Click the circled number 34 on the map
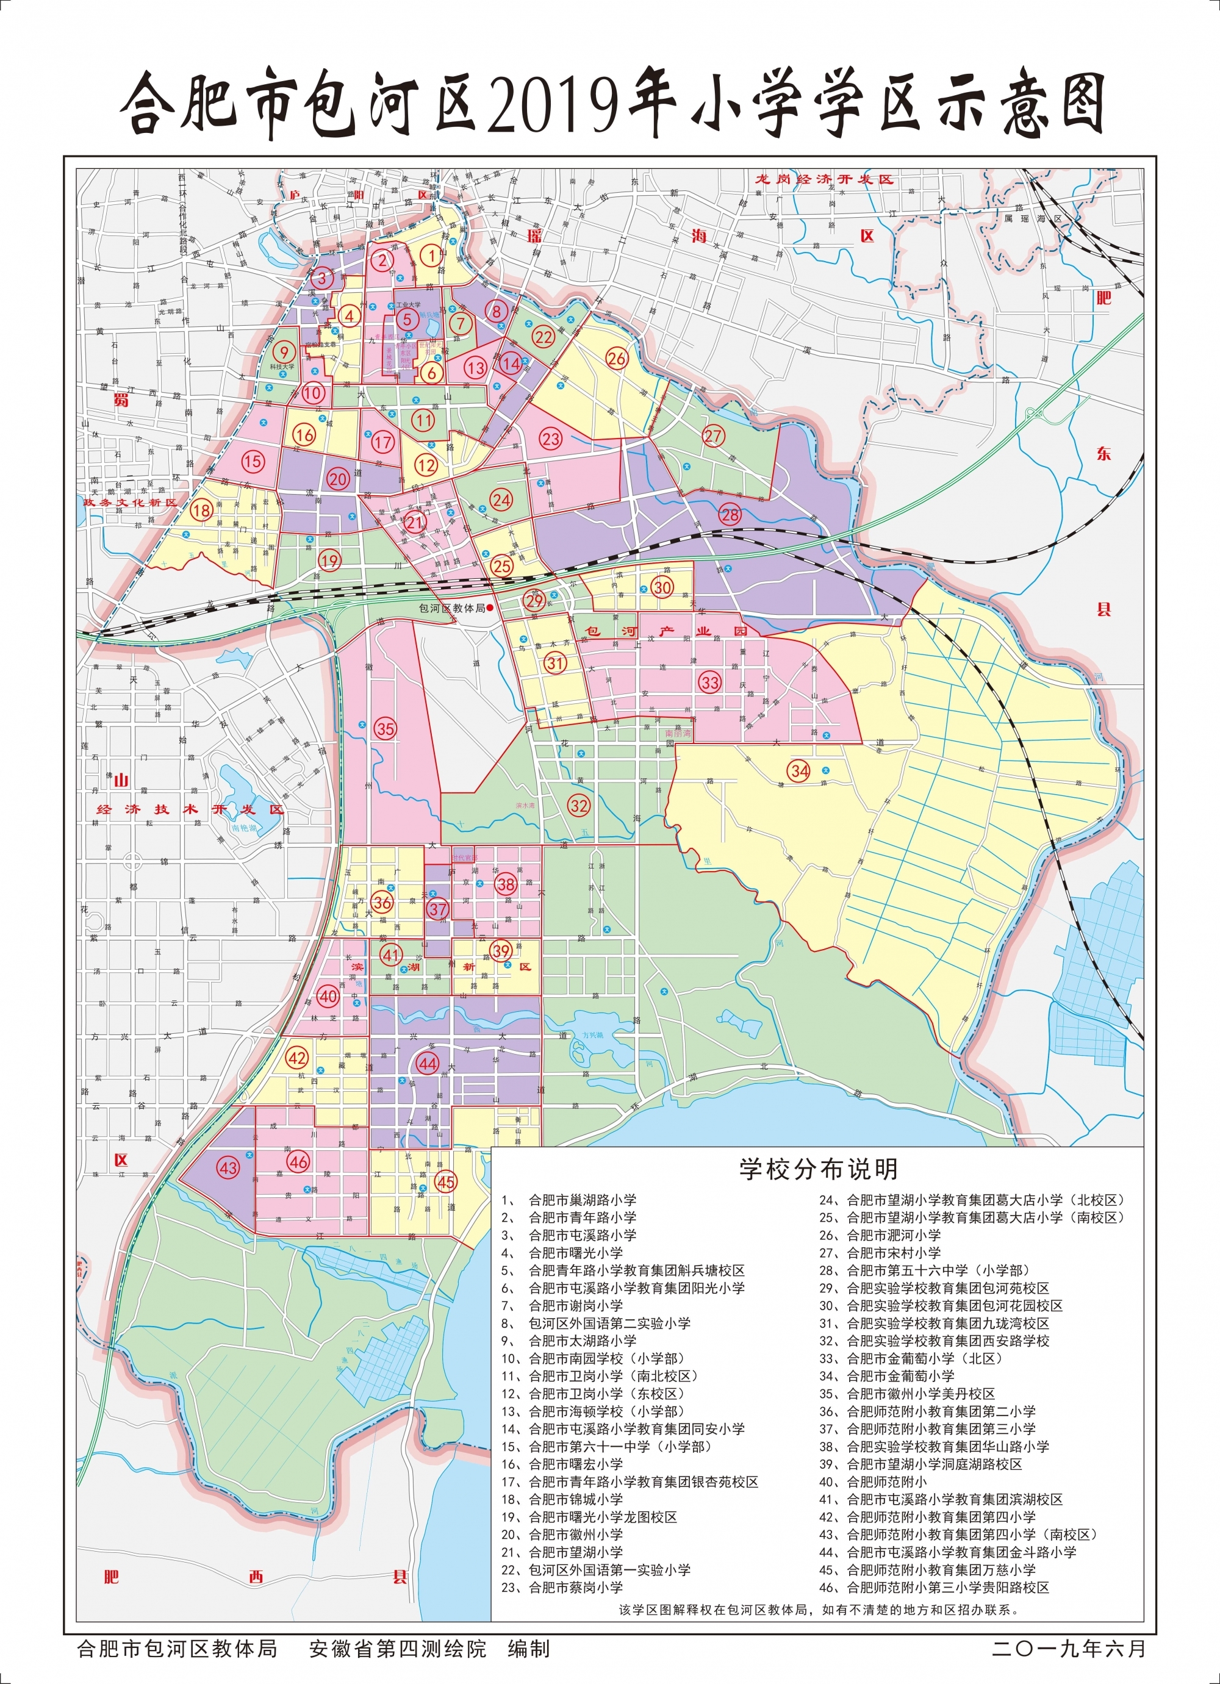point(799,771)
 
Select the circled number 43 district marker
point(228,1168)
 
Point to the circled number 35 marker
point(385,728)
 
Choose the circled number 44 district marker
point(428,1062)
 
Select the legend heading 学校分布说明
point(818,1169)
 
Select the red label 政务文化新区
point(131,503)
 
